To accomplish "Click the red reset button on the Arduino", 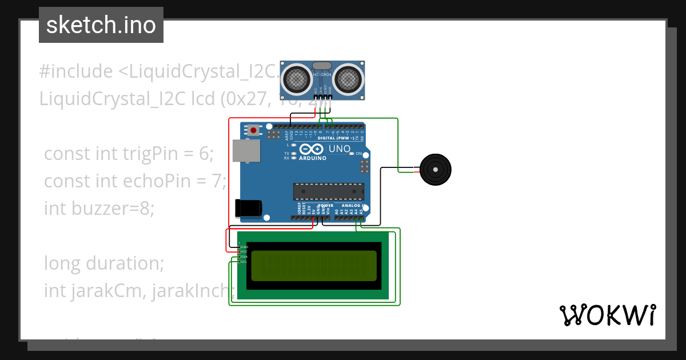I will coord(253,130).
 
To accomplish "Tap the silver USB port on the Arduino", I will coord(246,150).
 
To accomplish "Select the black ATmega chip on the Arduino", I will coord(329,191).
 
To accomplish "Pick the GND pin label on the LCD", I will coord(244,247).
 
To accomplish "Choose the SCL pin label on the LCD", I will coord(244,262).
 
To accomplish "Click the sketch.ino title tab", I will coord(101,25).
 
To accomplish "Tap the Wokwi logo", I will coord(607,315).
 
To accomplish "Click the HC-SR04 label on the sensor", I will coord(322,74).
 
